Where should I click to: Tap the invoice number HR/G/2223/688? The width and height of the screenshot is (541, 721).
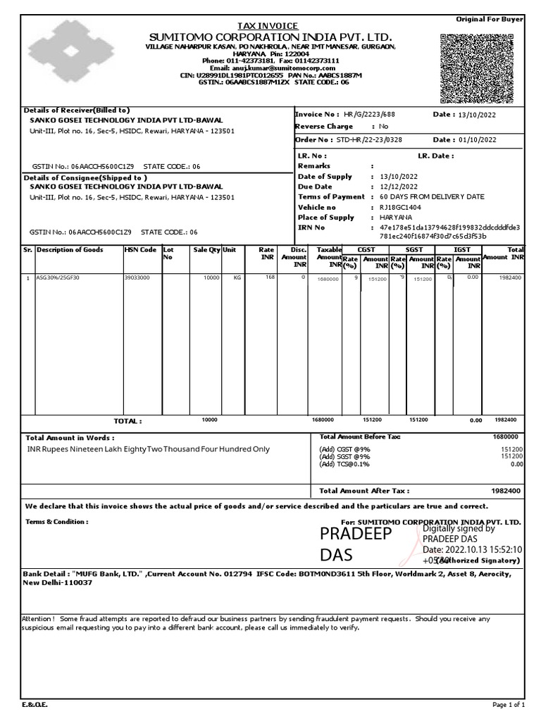(369, 114)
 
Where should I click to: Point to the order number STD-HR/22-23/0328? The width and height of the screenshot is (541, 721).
(369, 140)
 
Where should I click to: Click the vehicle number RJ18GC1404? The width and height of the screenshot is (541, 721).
(402, 208)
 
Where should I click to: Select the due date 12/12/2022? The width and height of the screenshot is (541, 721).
(399, 187)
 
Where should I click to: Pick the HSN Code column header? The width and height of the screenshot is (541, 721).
(141, 250)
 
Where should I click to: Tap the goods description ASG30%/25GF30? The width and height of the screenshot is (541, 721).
(58, 278)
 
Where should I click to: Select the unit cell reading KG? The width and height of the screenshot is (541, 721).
(237, 278)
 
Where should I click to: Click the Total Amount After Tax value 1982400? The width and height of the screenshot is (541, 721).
(506, 491)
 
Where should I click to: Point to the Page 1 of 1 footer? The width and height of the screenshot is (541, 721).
(508, 705)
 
